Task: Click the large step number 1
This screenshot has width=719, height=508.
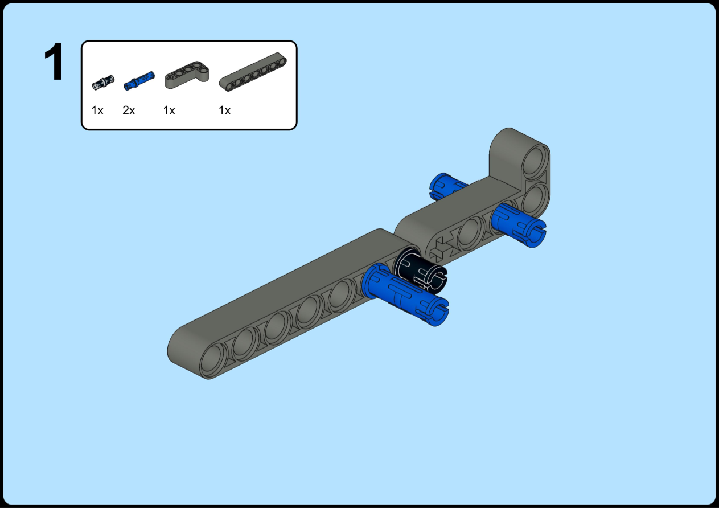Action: point(54,62)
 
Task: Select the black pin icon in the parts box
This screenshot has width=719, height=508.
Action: point(103,83)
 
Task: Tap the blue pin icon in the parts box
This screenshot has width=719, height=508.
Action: point(139,81)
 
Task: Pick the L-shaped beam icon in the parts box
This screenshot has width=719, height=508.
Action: point(187,75)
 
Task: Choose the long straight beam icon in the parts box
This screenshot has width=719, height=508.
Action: point(253,72)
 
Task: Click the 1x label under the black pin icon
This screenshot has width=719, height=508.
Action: point(97,110)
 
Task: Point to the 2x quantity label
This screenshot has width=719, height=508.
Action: point(129,110)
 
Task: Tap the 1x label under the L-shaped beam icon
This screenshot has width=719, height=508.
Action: point(169,110)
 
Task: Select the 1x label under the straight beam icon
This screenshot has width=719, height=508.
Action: point(225,110)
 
